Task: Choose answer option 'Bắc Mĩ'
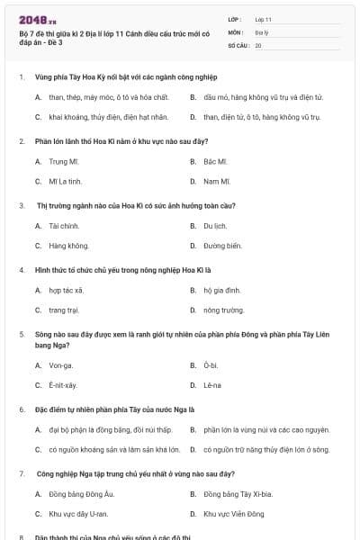215,162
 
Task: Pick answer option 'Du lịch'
215,226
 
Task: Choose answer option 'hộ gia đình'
220,291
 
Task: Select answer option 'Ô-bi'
211,365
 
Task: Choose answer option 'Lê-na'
212,385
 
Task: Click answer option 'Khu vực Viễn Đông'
234,514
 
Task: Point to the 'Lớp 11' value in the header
263,18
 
